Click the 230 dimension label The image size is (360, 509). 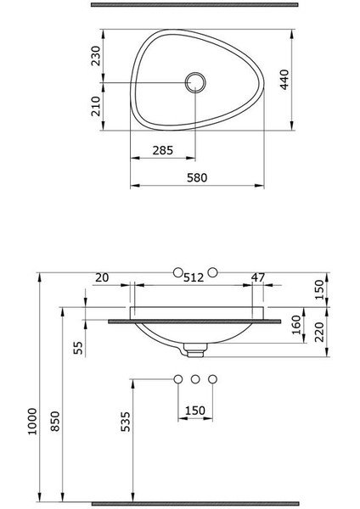[96, 55]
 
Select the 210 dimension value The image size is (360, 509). [96, 106]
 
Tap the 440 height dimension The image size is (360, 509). [284, 80]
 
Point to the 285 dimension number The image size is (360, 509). [163, 150]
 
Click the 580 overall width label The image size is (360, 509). [197, 177]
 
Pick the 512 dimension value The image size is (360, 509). [194, 277]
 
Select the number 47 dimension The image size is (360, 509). [258, 277]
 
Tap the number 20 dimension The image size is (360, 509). [102, 277]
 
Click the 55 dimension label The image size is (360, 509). [78, 348]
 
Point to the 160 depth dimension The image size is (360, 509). [296, 325]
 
